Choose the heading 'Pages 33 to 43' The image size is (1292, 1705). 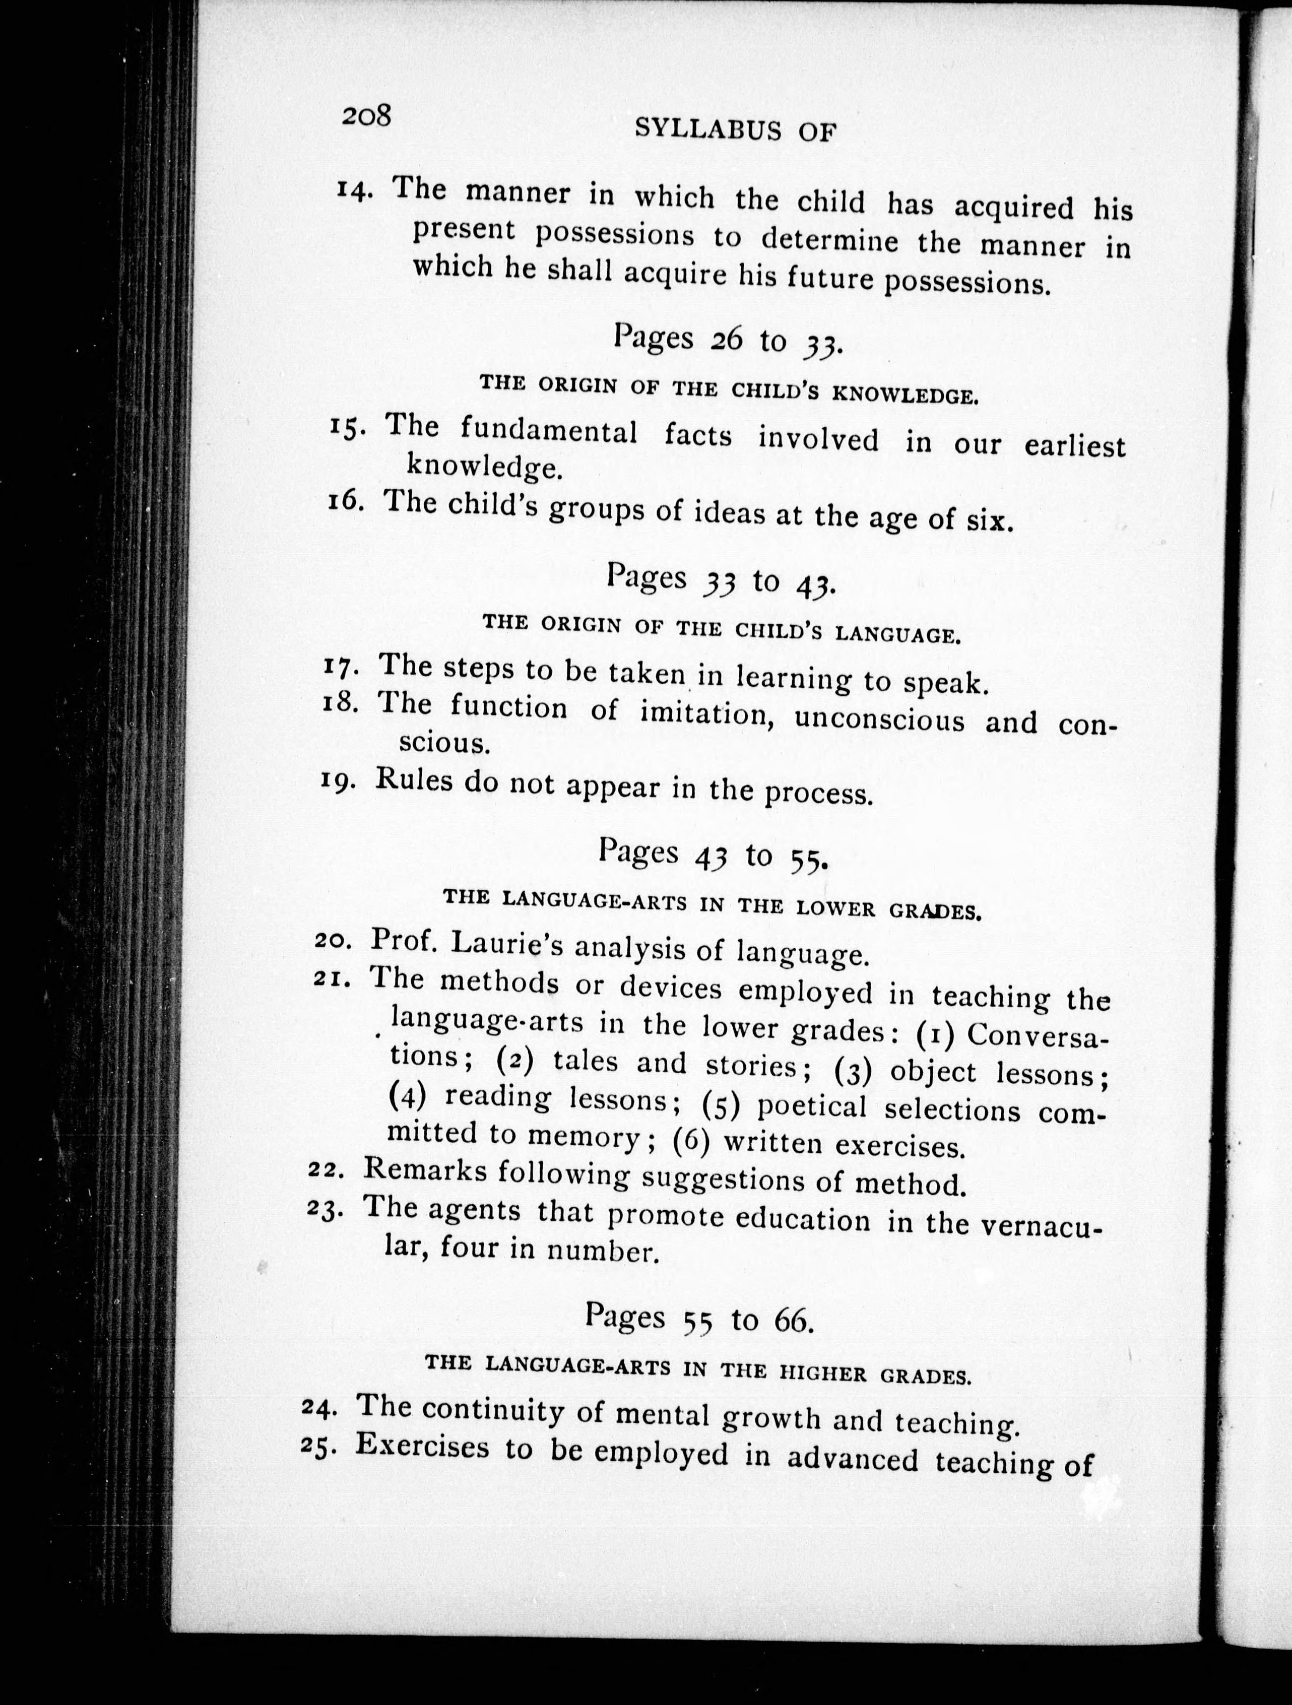tap(720, 579)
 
